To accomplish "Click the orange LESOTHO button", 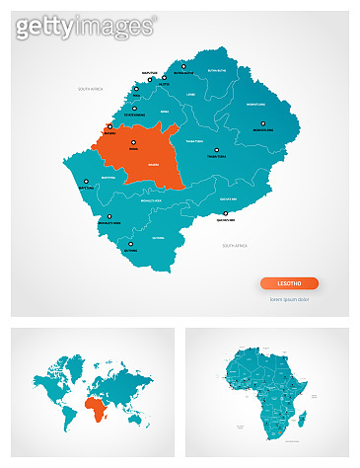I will [x=289, y=283].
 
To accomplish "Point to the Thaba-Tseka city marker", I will [x=217, y=150].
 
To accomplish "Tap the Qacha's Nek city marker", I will [x=226, y=214].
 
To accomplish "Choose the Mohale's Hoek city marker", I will [x=109, y=217].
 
